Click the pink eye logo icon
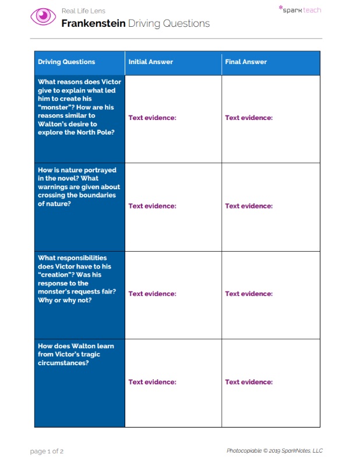[x=43, y=16]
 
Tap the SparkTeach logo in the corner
[x=300, y=10]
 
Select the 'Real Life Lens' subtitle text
[x=83, y=11]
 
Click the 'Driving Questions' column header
[x=66, y=62]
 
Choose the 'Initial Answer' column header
[x=151, y=62]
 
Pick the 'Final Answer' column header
[x=246, y=62]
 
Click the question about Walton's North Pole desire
[x=79, y=107]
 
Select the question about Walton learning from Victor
[x=76, y=354]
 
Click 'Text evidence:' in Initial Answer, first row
[x=152, y=118]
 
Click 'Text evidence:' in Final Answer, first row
[x=249, y=118]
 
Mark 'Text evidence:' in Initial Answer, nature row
[x=152, y=206]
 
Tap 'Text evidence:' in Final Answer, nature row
[x=249, y=206]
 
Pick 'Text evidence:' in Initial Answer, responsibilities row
[x=152, y=294]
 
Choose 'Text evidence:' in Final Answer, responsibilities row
[x=249, y=294]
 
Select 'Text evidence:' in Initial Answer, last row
[x=152, y=382]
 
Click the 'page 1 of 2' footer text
[x=47, y=451]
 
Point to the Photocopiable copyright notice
[x=274, y=451]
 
